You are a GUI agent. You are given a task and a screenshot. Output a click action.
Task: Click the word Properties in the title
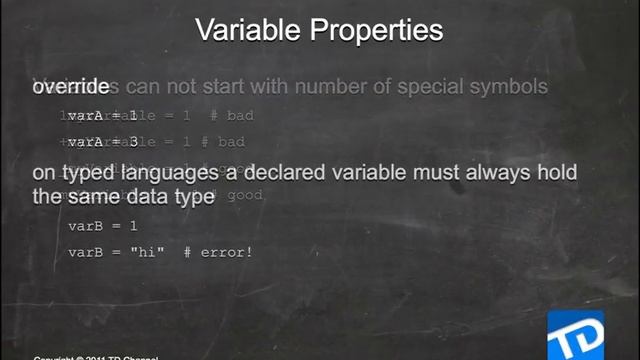(x=377, y=31)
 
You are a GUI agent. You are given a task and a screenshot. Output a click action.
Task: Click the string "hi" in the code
(x=149, y=252)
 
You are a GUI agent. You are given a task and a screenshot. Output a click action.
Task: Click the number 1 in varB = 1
(x=133, y=226)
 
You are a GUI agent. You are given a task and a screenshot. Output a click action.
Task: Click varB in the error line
(x=85, y=252)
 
